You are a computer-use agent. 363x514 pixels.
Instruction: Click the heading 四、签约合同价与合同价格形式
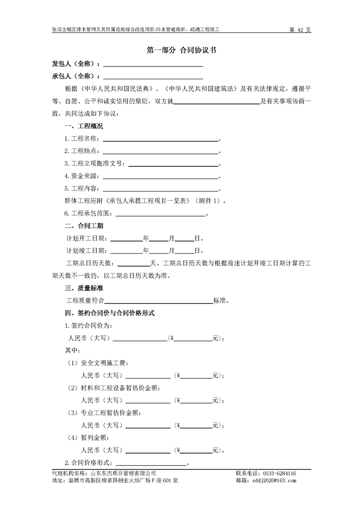pos(110,313)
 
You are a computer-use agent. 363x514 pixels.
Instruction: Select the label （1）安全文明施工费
pos(98,363)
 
